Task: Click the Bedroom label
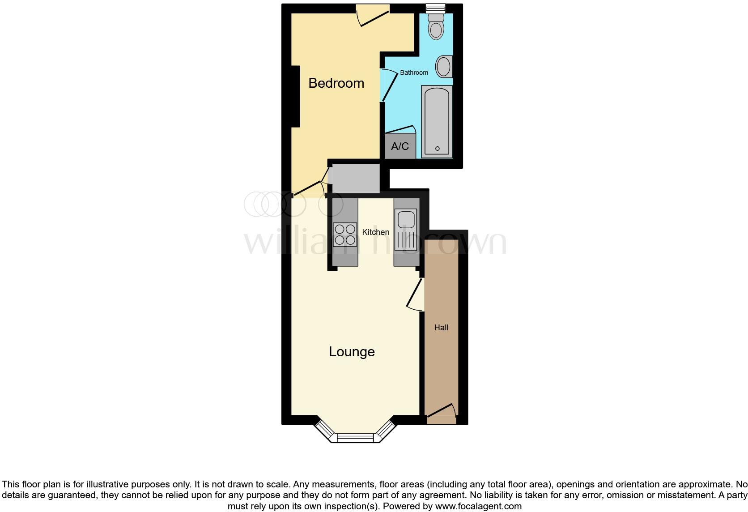pos(336,83)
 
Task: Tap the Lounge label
pos(352,352)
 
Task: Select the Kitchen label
pos(375,232)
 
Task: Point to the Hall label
pos(441,328)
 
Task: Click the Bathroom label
pos(414,73)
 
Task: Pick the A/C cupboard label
pos(400,146)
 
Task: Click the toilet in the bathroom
pos(435,27)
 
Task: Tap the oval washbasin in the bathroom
pos(444,67)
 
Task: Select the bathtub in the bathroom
pos(437,121)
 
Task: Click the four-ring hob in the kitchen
pos(345,235)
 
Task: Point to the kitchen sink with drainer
pos(405,230)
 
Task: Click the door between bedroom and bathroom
pos(388,85)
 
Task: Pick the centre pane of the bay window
pos(355,438)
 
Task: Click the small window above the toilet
pos(435,8)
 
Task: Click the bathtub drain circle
pos(437,149)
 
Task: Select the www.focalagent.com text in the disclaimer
pos(478,507)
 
